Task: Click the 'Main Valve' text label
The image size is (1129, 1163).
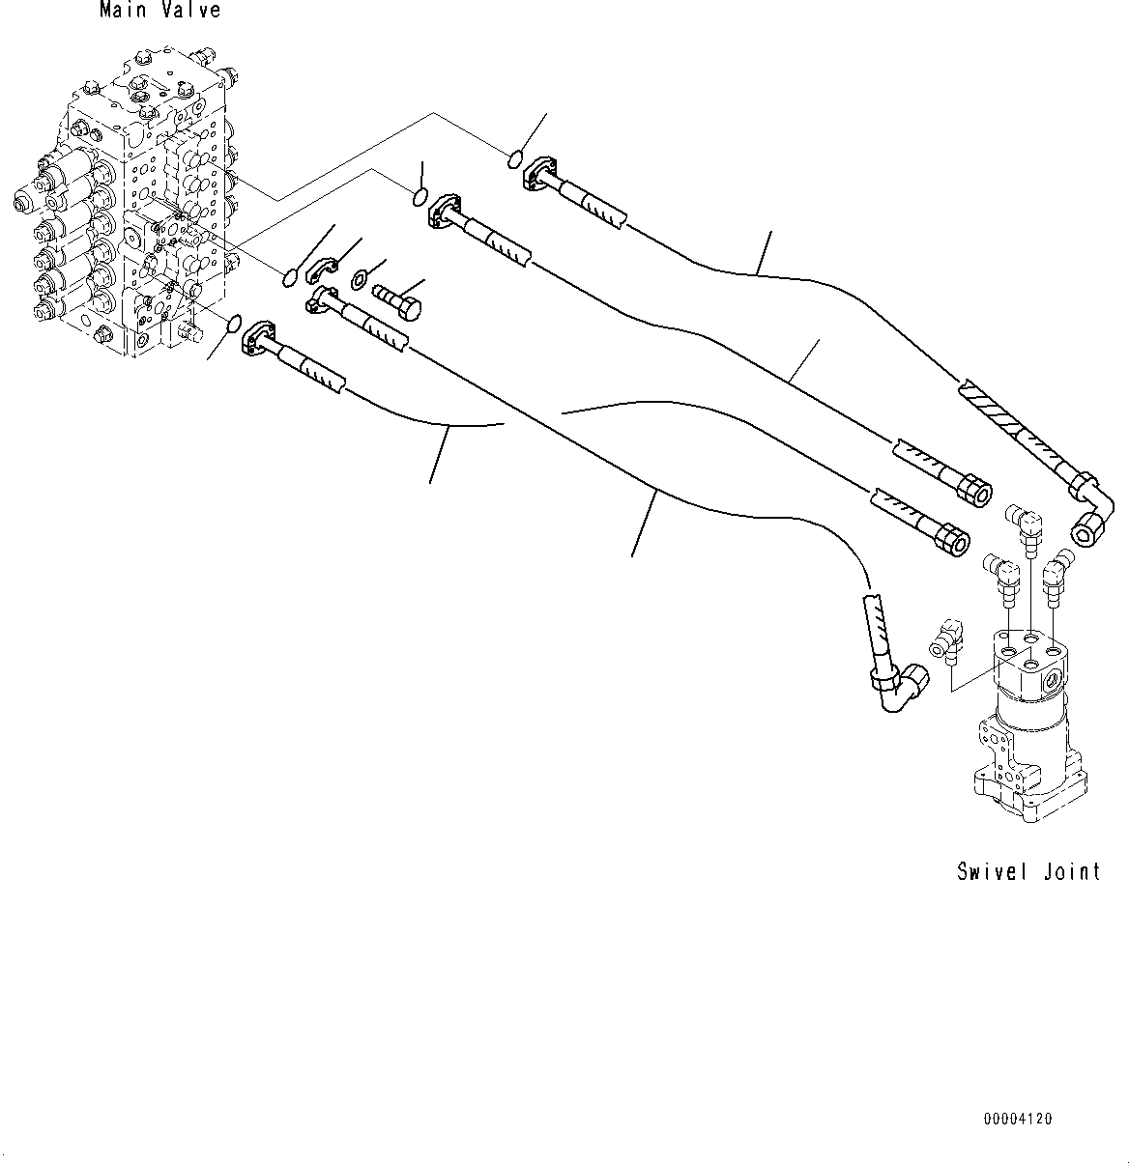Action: click(x=159, y=12)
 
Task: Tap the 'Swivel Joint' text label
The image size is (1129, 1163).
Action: click(x=1028, y=871)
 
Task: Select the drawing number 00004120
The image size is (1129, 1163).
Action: click(x=1017, y=1120)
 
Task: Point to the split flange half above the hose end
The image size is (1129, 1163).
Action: click(x=323, y=273)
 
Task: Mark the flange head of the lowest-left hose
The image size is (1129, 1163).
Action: click(x=262, y=338)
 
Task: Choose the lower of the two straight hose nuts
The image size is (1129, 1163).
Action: click(x=952, y=539)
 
